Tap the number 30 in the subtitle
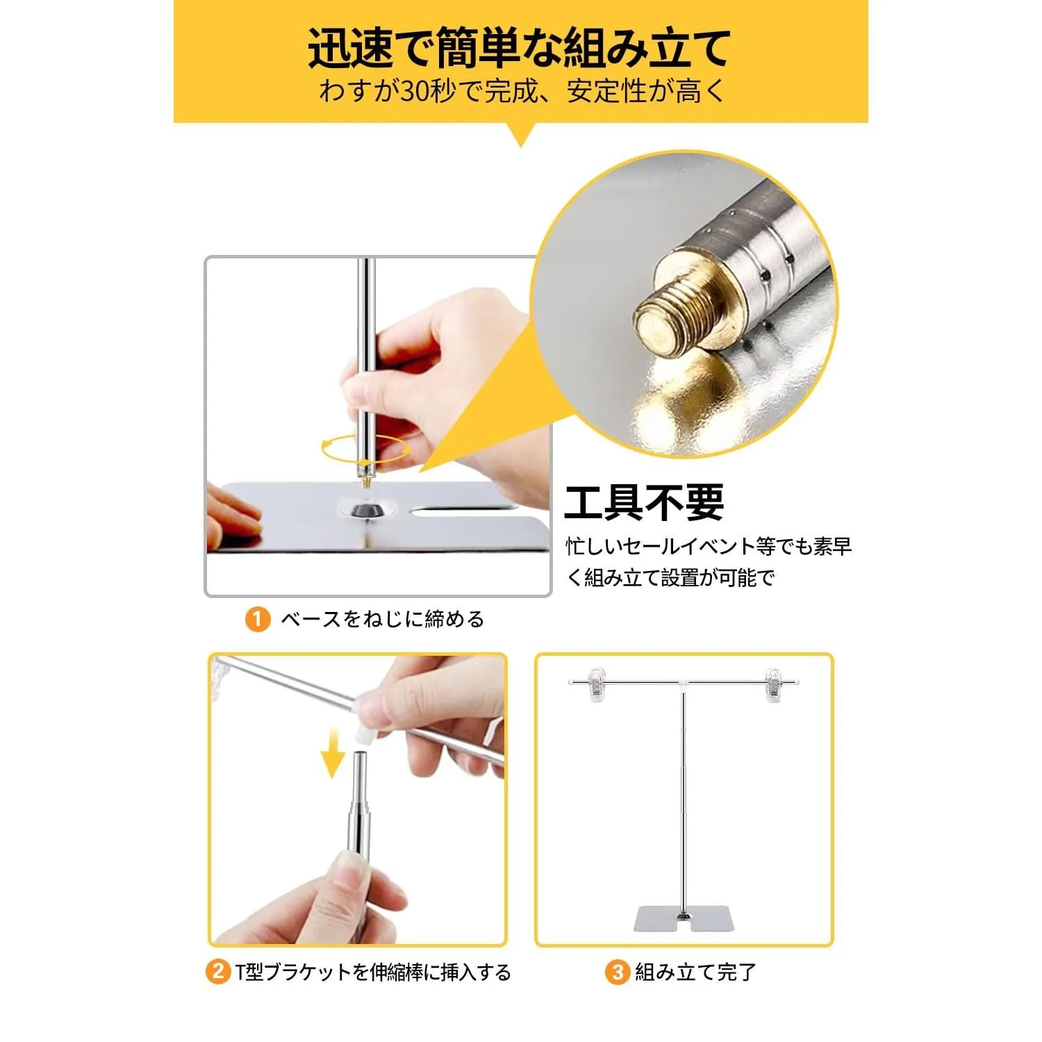tap(415, 92)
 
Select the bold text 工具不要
tap(644, 502)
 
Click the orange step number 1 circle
tap(257, 619)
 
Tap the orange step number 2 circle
tap(217, 971)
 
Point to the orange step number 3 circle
tap(617, 971)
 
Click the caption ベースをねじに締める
tap(382, 619)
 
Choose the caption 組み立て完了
tap(695, 971)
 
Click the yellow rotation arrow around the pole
tap(365, 448)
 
